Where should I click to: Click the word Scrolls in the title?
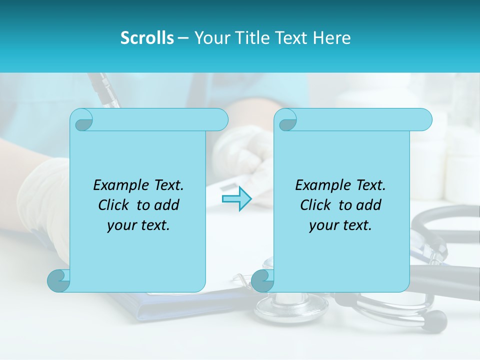[x=147, y=38]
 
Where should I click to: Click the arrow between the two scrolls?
[x=236, y=199]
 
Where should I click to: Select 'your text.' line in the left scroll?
[x=138, y=225]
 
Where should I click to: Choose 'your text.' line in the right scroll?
[x=340, y=225]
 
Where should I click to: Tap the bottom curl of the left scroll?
[x=59, y=280]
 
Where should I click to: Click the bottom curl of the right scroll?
[x=262, y=280]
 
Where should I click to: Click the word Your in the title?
[x=209, y=38]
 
